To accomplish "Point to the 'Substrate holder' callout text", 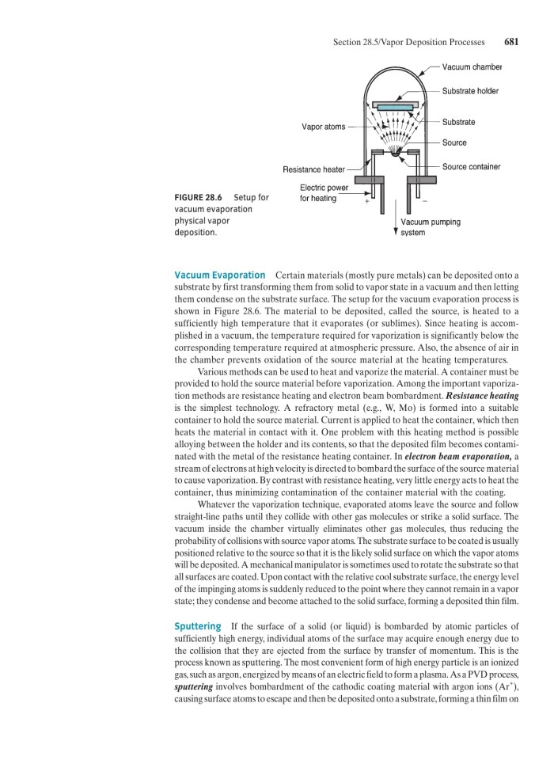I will coord(470,91).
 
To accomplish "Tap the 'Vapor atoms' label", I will coord(323,127).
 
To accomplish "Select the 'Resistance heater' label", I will coord(314,169).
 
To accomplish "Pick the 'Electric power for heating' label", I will coord(318,192).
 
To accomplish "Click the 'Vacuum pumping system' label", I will coord(431,227).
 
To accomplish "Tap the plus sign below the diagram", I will coord(366,202).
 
